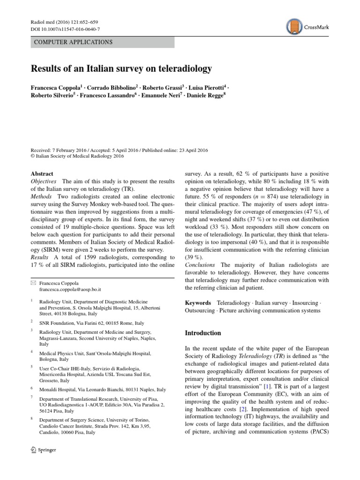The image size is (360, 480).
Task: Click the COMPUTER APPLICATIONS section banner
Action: point(103,42)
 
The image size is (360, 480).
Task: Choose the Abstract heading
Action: point(42,173)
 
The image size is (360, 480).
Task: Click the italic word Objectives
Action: point(44,181)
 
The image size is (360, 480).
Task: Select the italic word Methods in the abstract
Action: point(41,196)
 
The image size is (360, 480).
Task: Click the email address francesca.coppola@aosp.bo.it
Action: point(70,290)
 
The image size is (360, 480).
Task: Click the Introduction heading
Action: point(203,333)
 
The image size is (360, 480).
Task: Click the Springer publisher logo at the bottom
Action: point(43,450)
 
